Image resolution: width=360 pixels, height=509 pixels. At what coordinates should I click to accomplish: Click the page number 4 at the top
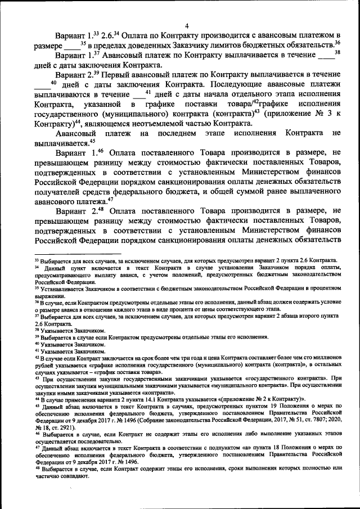coord(186,24)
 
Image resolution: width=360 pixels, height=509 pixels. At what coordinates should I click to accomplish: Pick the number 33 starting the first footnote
coord(37,260)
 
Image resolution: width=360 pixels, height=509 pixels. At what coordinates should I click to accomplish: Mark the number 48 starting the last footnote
coord(37,468)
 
